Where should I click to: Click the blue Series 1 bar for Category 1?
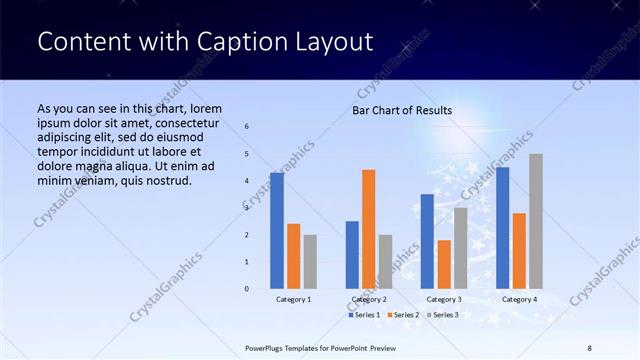[277, 231]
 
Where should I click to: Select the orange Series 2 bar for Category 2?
[369, 229]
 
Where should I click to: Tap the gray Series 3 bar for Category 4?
[536, 221]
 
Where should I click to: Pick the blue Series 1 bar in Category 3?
[427, 241]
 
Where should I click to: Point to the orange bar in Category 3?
[444, 264]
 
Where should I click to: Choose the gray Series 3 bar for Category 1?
[310, 262]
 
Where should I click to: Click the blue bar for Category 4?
[503, 228]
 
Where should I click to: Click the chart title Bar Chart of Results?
[402, 110]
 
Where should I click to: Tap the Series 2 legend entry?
[401, 315]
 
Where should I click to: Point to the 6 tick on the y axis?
[247, 127]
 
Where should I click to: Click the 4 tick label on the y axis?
[247, 181]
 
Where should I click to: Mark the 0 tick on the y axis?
[247, 289]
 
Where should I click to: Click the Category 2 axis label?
[369, 299]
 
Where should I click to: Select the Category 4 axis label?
[519, 299]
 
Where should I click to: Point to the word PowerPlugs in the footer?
[267, 347]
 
